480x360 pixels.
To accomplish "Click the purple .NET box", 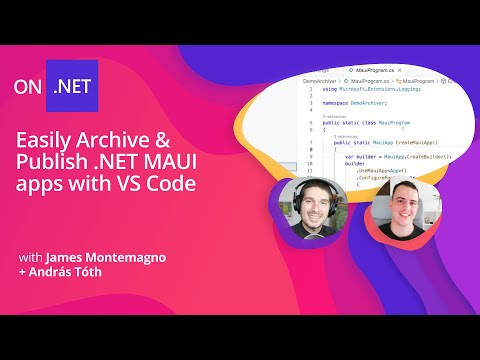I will click(76, 88).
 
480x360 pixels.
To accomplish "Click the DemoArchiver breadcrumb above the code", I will click(321, 82).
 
